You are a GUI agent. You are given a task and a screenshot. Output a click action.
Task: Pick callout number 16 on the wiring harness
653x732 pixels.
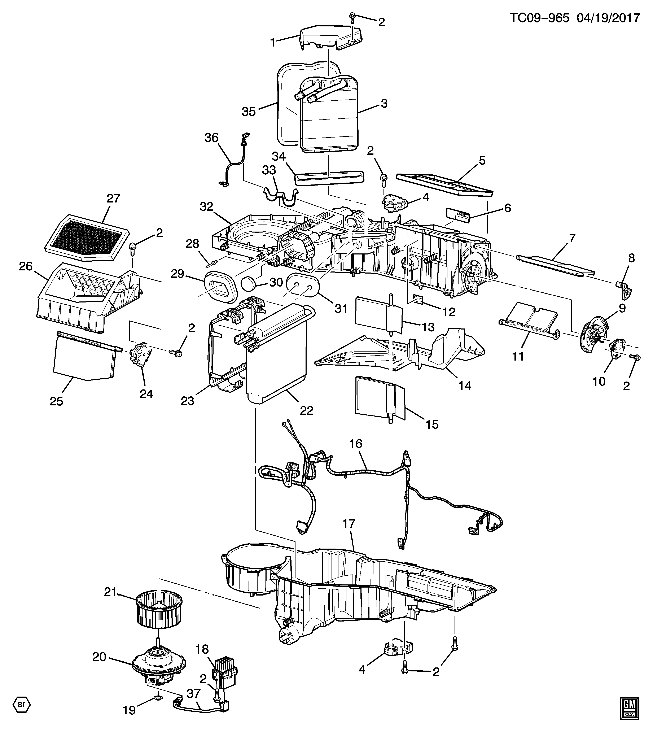click(356, 444)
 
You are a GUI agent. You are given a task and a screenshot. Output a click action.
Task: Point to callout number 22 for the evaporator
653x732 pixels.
click(307, 410)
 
